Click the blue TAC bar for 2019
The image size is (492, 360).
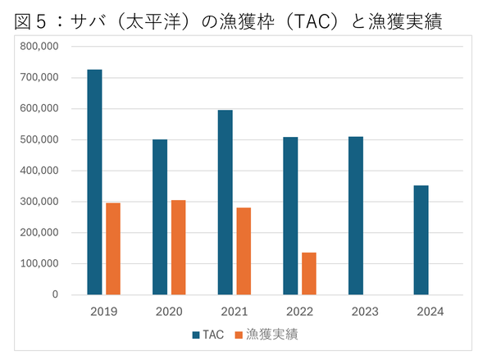coord(95,182)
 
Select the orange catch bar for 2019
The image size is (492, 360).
coord(113,248)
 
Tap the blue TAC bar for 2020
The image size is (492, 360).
coord(160,216)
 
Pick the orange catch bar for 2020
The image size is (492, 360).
coord(178,247)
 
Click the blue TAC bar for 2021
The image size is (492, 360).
coord(225,202)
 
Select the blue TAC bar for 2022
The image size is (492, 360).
coord(290,216)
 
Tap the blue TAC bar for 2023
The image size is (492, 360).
coord(356,215)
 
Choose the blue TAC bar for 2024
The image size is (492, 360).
coord(421,239)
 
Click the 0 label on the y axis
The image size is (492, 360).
coord(54,294)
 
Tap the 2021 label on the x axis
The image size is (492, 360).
coord(234,312)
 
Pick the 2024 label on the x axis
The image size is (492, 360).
coord(430,312)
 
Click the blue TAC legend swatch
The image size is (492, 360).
coord(196,335)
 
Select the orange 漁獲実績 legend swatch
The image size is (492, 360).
coord(239,335)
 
